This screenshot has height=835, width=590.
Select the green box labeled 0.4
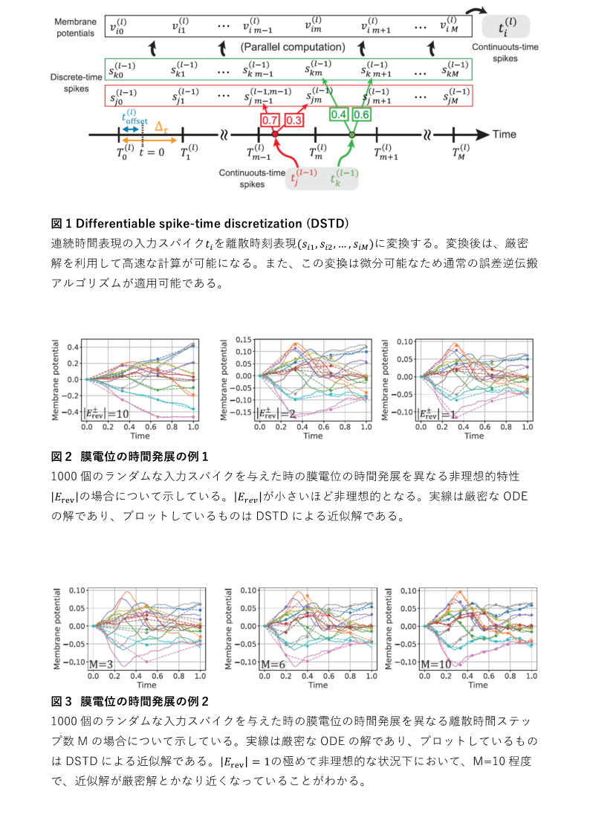click(339, 114)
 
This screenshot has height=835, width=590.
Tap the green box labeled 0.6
click(362, 114)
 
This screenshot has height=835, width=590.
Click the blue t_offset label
click(134, 117)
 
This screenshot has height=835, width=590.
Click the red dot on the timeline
click(275, 135)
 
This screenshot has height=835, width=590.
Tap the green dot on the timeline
click(352, 135)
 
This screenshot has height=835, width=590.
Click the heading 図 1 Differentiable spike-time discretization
click(201, 223)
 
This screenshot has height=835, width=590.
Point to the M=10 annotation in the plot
click(435, 663)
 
